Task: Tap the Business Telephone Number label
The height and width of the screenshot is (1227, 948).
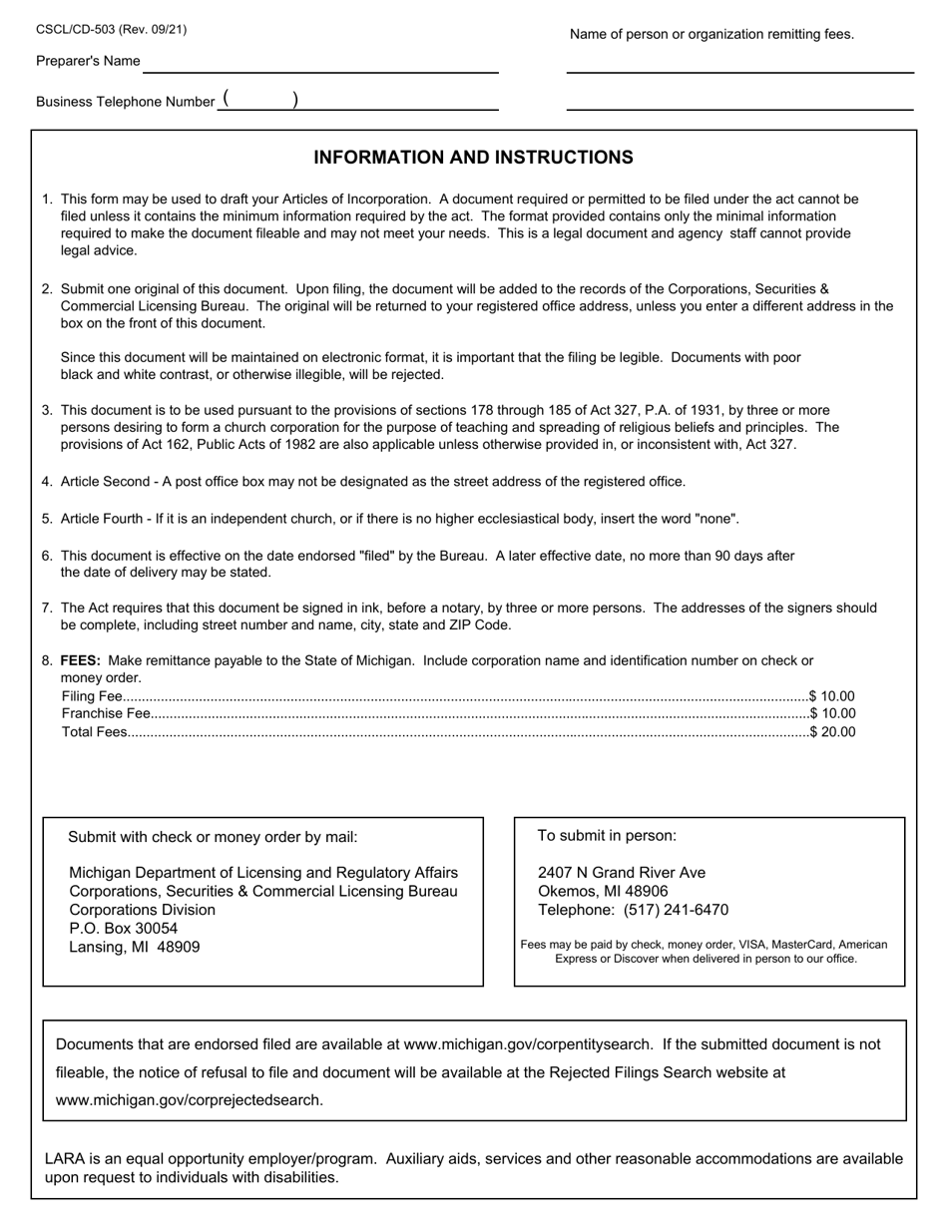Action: point(125,102)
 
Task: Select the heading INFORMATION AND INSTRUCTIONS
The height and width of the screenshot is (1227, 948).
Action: point(473,158)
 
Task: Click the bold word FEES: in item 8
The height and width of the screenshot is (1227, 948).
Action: point(82,660)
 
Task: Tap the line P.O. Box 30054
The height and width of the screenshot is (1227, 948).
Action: point(123,929)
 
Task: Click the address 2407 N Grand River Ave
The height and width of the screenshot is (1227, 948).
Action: point(621,873)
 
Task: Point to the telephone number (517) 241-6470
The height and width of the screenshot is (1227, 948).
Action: point(676,910)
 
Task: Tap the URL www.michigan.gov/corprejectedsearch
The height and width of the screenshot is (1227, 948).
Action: point(190,1100)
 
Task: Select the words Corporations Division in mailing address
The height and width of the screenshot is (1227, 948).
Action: point(142,910)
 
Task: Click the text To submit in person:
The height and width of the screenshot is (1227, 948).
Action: point(607,836)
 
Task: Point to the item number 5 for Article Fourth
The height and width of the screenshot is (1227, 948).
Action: point(47,519)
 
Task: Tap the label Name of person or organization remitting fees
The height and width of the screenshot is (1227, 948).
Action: point(711,35)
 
